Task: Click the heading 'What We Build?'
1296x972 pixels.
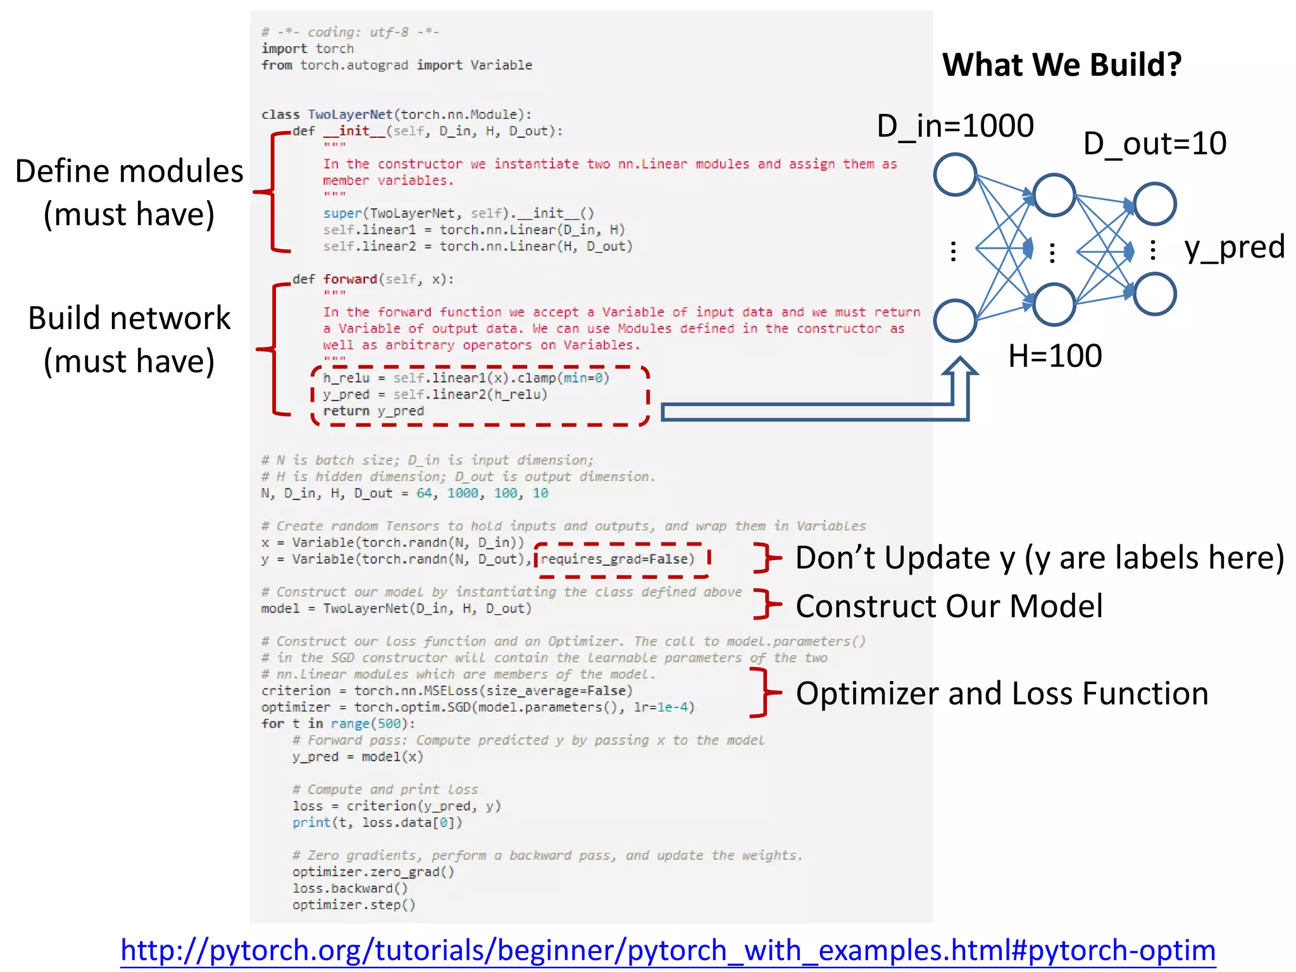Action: pyautogui.click(x=1061, y=65)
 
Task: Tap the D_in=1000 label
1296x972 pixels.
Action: pyautogui.click(x=955, y=126)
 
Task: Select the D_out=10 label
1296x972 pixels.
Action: pyautogui.click(x=1154, y=144)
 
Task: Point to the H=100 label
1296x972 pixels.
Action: pyautogui.click(x=1055, y=356)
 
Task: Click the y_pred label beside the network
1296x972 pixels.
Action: pyautogui.click(x=1234, y=247)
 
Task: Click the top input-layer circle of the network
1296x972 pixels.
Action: pyautogui.click(x=955, y=175)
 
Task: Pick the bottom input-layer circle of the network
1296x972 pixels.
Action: pyautogui.click(x=955, y=321)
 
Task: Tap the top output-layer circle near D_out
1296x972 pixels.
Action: pyautogui.click(x=1154, y=204)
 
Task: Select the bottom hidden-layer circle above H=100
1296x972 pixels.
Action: pyautogui.click(x=1054, y=304)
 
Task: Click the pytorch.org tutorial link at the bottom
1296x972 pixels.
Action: pyautogui.click(x=668, y=950)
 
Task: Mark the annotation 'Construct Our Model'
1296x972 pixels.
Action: pyautogui.click(x=949, y=606)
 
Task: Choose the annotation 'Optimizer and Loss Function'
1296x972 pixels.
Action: pyautogui.click(x=1002, y=694)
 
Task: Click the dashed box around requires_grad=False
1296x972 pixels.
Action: pyautogui.click(x=622, y=560)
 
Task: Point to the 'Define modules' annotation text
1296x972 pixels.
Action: pyautogui.click(x=129, y=171)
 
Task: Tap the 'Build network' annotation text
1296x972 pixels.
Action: pyautogui.click(x=129, y=318)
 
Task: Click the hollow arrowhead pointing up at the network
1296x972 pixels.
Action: pyautogui.click(x=960, y=369)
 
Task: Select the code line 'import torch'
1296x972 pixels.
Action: pyautogui.click(x=308, y=49)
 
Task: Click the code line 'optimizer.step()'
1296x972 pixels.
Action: pyautogui.click(x=354, y=905)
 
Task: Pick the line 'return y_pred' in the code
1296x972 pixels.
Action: pyautogui.click(x=373, y=411)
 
